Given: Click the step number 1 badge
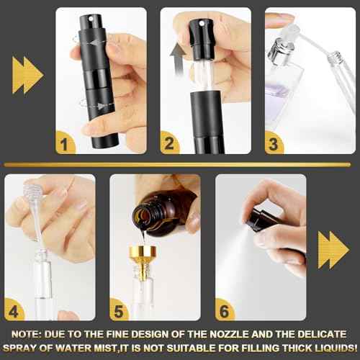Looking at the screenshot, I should click(x=68, y=142).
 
